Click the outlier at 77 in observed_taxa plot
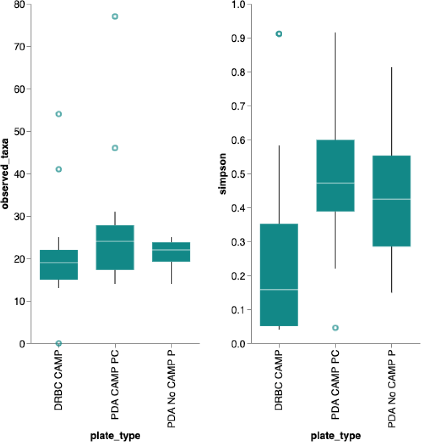tap(115, 16)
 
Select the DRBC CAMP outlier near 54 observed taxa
tap(58, 114)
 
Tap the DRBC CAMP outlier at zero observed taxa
tap(58, 343)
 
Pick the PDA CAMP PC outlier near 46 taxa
tap(115, 148)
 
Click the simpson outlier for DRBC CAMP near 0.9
tap(279, 34)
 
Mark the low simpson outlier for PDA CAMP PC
tap(335, 328)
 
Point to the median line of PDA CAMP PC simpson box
tap(335, 183)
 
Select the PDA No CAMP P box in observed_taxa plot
tap(171, 252)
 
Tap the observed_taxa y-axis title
tap(5, 174)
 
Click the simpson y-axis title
tap(223, 174)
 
